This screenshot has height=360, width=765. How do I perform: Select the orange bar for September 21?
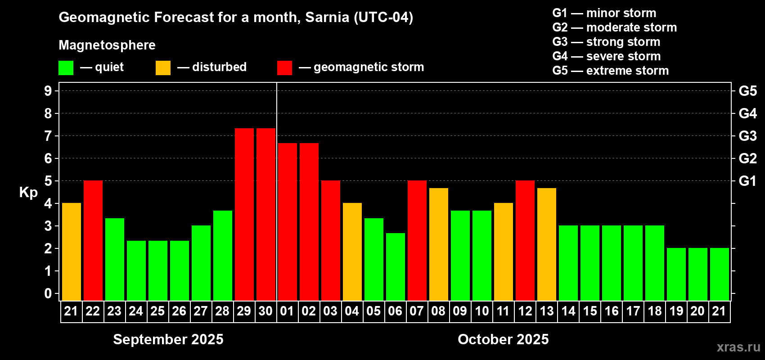pyautogui.click(x=71, y=252)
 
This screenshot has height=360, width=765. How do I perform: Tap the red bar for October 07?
pyautogui.click(x=417, y=240)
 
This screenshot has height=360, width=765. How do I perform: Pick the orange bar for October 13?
pyautogui.click(x=546, y=244)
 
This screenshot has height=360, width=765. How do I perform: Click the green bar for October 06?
pyautogui.click(x=395, y=266)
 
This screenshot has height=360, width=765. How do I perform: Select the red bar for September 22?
pyautogui.click(x=93, y=240)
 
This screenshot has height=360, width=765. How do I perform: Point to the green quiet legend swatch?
pyautogui.click(x=66, y=68)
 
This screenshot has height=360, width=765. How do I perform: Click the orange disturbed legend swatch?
pyautogui.click(x=163, y=68)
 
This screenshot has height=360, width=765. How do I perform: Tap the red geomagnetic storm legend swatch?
pyautogui.click(x=284, y=68)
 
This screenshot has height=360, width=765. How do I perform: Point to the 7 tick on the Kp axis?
pyautogui.click(x=48, y=136)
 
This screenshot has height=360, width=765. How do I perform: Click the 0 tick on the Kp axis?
pyautogui.click(x=48, y=294)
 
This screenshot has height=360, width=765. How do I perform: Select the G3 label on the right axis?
pyautogui.click(x=747, y=136)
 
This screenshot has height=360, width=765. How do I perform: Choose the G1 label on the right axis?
pyautogui.click(x=747, y=181)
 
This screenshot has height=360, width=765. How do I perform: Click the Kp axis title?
pyautogui.click(x=28, y=193)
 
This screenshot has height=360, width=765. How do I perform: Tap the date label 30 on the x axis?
pyautogui.click(x=265, y=311)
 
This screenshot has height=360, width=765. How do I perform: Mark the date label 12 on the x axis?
pyautogui.click(x=525, y=311)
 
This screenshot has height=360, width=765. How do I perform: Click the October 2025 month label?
pyautogui.click(x=503, y=339)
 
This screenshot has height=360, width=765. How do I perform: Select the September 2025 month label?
pyautogui.click(x=168, y=339)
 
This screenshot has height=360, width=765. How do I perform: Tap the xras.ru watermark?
pyautogui.click(x=738, y=347)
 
